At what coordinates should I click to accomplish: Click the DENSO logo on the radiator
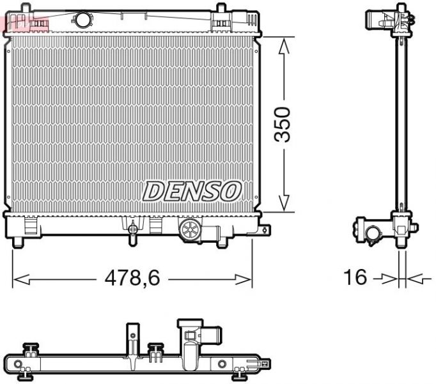tap(192, 190)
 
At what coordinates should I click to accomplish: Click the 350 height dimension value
tap(282, 125)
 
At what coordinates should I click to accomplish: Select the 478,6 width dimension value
tap(132, 278)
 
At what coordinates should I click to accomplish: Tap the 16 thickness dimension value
tap(355, 278)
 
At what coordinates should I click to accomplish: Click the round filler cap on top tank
tap(82, 19)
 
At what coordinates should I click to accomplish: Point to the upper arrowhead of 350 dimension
tap(286, 42)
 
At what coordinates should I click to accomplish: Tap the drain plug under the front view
tap(133, 231)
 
